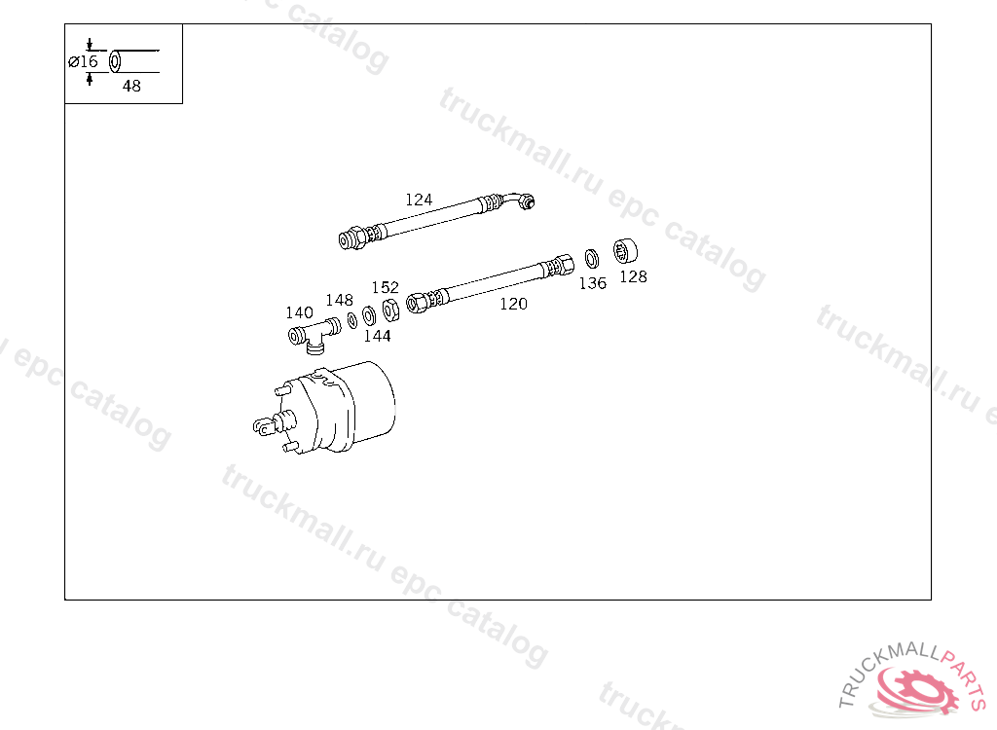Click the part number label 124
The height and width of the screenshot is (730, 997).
point(419,200)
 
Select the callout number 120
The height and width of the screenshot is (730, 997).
point(513,304)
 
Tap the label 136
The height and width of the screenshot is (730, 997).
point(593,283)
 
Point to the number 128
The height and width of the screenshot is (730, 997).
point(633,276)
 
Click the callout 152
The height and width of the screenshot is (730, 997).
point(386,287)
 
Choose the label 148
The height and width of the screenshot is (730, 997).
point(340,300)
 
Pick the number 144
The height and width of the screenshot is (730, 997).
point(377,336)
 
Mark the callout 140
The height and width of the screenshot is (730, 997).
point(300,312)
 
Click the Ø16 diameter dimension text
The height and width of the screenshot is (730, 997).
point(84,61)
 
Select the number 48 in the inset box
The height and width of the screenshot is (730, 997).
point(131,86)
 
